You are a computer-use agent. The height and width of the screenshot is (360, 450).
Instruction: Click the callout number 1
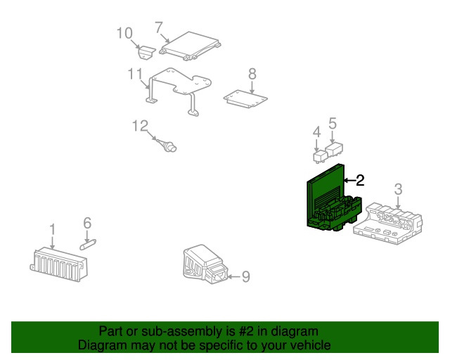[52, 229]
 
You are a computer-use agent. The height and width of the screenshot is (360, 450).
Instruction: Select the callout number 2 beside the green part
[360, 180]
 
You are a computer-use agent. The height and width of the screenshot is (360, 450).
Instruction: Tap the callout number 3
[398, 188]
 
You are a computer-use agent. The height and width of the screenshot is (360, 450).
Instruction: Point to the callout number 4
[316, 131]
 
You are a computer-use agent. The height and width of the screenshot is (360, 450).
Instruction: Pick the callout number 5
[333, 123]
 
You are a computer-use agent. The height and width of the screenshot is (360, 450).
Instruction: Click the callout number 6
[87, 223]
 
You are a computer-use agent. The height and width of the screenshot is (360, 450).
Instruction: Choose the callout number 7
[159, 28]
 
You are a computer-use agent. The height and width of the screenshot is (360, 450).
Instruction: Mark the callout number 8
[252, 73]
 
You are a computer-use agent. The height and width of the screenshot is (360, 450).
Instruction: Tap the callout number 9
[245, 277]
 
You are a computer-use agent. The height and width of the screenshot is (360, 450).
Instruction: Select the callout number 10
[124, 32]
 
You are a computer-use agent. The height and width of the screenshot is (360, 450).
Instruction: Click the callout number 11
[135, 74]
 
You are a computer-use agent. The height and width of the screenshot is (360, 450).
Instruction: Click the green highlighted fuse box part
[330, 200]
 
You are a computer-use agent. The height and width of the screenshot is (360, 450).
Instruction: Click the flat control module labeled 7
[190, 46]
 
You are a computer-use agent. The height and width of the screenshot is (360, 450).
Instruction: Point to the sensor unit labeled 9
[204, 266]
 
